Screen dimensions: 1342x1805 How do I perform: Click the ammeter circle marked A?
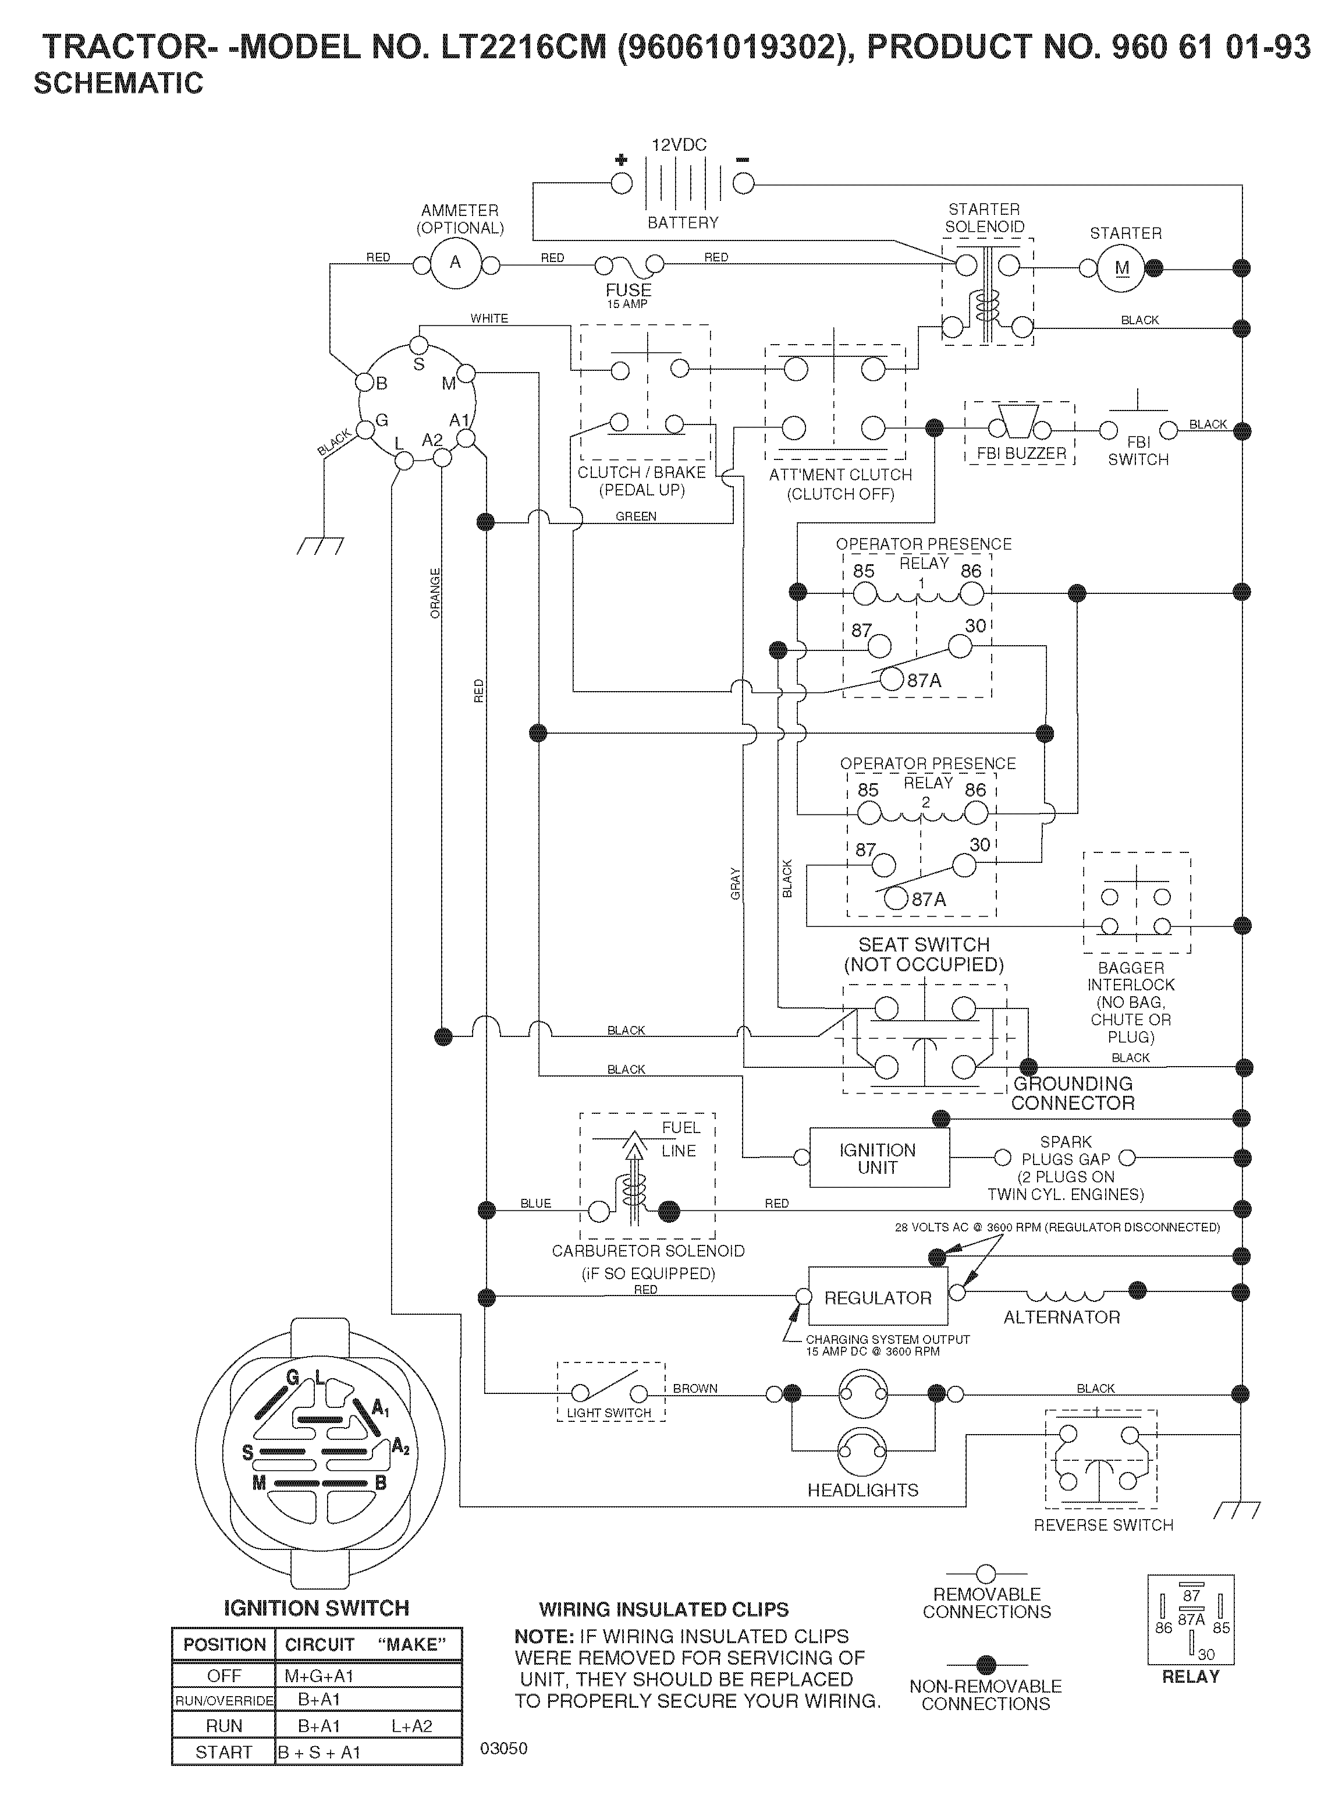[x=455, y=263]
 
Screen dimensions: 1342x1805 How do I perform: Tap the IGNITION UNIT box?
[x=879, y=1158]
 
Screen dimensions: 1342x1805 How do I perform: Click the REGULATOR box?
[x=878, y=1298]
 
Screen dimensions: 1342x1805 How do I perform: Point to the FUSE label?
[x=628, y=290]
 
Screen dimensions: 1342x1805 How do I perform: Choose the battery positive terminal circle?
[x=622, y=183]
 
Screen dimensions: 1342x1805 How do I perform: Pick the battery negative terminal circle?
[x=743, y=183]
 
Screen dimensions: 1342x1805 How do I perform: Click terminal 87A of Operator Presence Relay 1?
[x=892, y=679]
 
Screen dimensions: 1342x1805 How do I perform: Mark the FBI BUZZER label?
[x=1021, y=454]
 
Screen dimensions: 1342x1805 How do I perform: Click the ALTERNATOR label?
[x=1061, y=1318]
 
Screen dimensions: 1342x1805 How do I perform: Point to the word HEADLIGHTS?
[x=862, y=1489]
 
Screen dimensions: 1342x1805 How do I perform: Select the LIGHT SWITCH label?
[x=609, y=1413]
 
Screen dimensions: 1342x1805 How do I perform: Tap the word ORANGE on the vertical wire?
[x=435, y=593]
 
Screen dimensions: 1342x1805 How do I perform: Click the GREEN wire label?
[x=636, y=516]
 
